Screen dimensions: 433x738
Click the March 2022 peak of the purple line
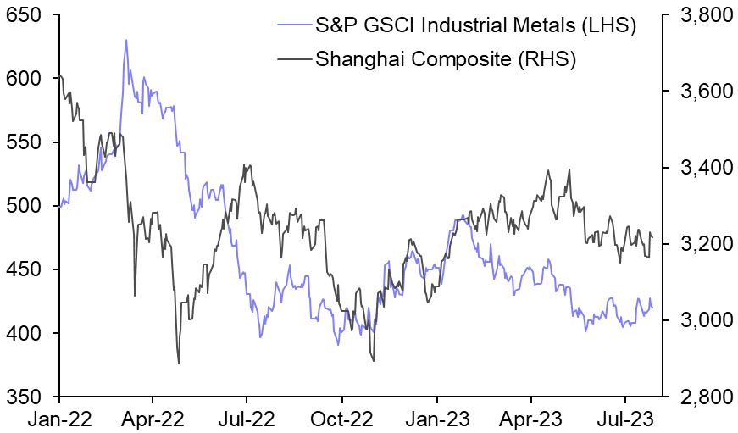pos(126,40)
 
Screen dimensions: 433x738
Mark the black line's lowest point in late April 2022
pos(179,364)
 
